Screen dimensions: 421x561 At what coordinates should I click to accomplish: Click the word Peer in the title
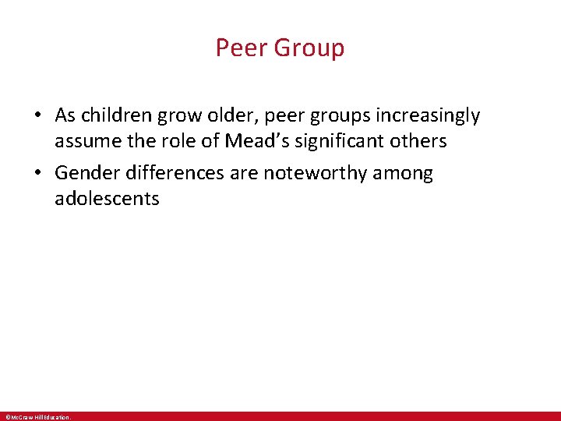pyautogui.click(x=238, y=48)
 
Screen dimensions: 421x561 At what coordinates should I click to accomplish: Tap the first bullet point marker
pyautogui.click(x=37, y=116)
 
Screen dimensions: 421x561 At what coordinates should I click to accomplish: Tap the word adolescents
pyautogui.click(x=107, y=199)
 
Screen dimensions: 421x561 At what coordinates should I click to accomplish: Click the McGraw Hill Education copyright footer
pyautogui.click(x=38, y=417)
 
